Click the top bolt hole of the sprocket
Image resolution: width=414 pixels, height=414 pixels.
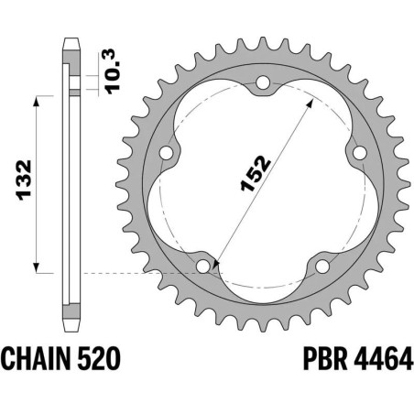[x=263, y=82]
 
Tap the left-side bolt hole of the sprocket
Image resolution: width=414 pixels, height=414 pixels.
[x=166, y=153]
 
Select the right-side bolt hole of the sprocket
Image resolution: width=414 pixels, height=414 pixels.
[x=360, y=153]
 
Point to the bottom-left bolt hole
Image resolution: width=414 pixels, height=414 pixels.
[x=203, y=267]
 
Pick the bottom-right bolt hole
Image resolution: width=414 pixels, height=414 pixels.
[x=322, y=267]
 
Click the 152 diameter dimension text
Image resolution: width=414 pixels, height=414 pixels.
[x=256, y=173]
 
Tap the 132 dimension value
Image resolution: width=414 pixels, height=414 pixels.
[x=25, y=180]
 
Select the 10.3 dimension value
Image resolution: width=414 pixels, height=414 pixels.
[x=112, y=71]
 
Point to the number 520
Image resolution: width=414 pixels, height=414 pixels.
[x=99, y=358]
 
